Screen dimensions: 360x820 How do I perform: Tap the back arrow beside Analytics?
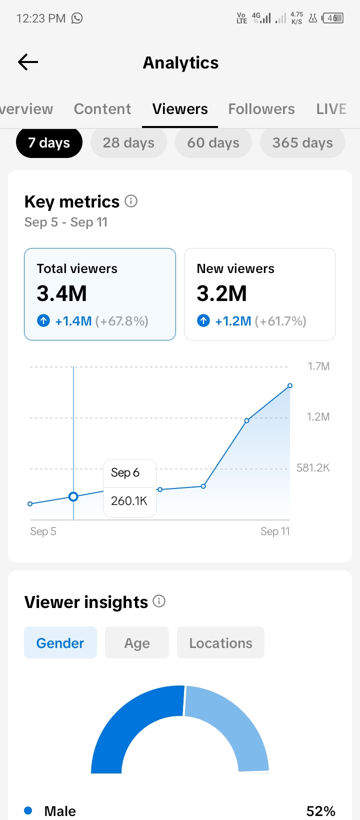[x=28, y=62]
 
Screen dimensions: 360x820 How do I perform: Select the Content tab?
[x=102, y=109]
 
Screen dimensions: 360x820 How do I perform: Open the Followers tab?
[x=261, y=109]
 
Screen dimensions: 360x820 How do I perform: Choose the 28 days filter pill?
[x=128, y=143]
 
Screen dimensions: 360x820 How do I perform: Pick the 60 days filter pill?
[x=213, y=143]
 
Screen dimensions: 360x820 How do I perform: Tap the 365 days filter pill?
[x=302, y=143]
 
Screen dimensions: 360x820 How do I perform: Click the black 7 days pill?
[x=49, y=143]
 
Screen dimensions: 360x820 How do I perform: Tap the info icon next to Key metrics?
[x=131, y=201]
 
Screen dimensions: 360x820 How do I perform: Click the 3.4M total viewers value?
[x=61, y=293]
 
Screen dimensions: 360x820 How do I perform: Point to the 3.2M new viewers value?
[x=221, y=293]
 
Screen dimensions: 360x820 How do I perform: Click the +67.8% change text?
[x=121, y=321]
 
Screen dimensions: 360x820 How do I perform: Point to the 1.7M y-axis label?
[x=318, y=366]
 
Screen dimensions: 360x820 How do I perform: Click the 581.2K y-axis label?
[x=313, y=468]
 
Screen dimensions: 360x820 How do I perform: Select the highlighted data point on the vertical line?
[x=73, y=497]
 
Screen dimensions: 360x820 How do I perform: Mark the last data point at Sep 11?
[x=290, y=385]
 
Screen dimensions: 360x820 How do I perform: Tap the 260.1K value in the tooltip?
[x=129, y=501]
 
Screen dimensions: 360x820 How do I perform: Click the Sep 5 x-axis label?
[x=43, y=531]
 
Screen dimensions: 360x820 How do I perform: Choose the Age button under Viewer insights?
[x=137, y=643]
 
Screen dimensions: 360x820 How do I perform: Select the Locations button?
[x=220, y=643]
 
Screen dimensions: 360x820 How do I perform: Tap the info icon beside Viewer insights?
[x=159, y=601]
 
